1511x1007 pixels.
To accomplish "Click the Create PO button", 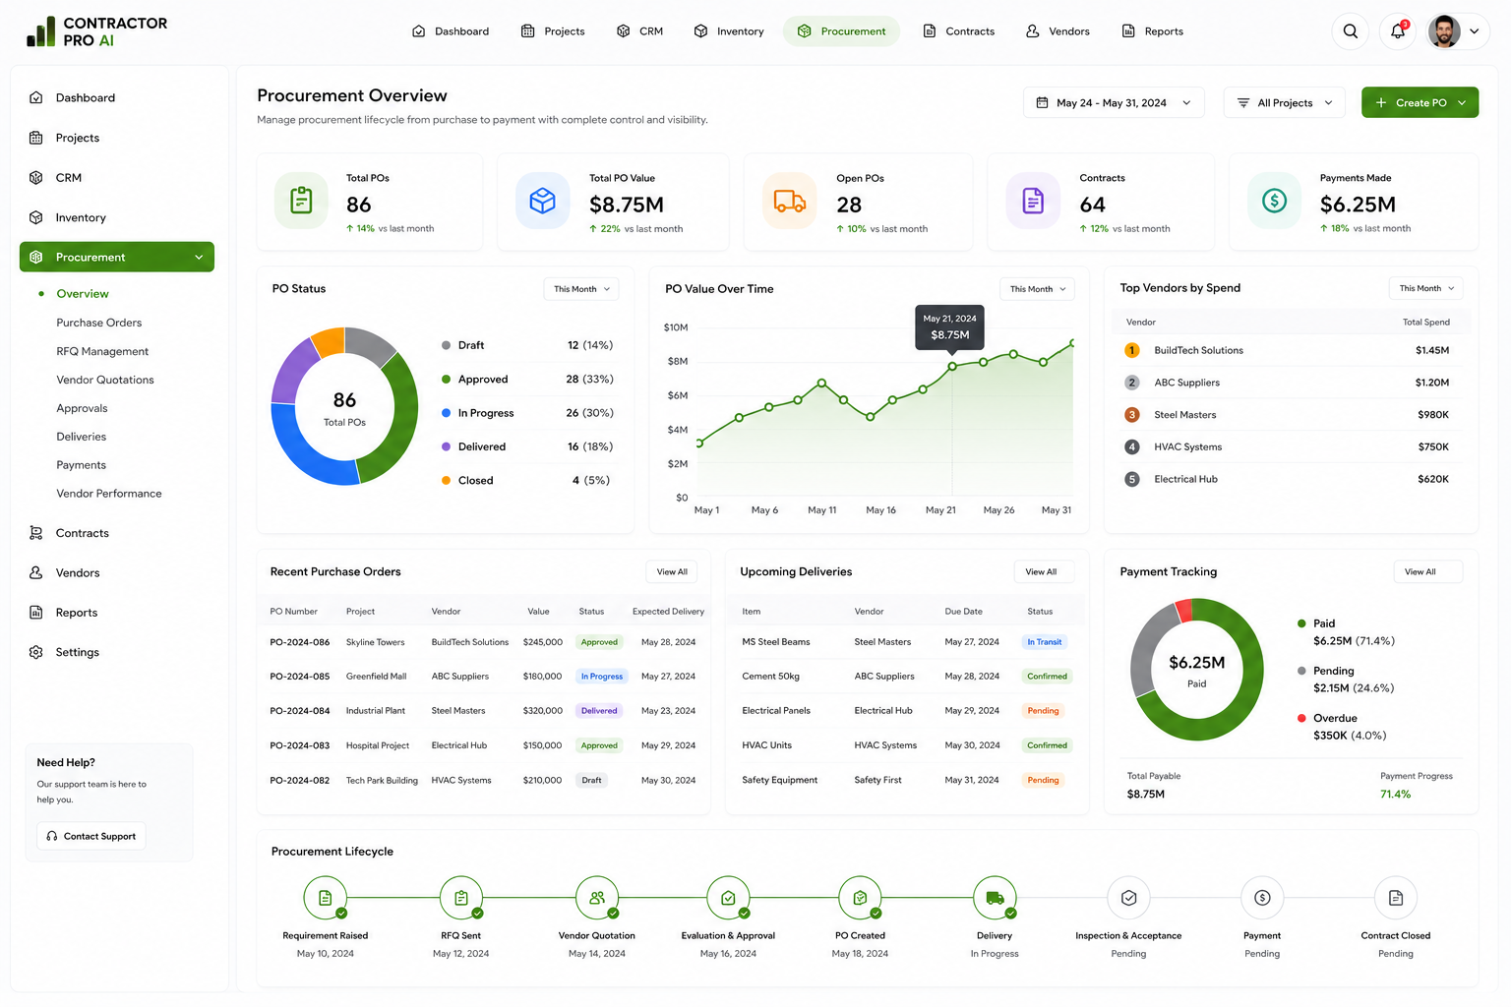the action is point(1420,102).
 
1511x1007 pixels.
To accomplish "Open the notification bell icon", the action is point(1397,31).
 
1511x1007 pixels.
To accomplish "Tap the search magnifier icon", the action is point(1350,31).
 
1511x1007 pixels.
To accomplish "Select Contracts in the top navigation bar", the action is point(958,31).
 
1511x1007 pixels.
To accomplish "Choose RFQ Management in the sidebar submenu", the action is point(102,351).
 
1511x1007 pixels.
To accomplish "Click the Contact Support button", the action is point(91,836).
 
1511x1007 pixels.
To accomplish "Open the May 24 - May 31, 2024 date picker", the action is point(1113,102).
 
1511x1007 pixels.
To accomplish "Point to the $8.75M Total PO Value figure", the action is point(626,205).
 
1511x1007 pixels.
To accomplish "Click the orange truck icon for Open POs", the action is point(789,201).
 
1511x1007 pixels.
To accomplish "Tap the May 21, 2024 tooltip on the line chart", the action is point(949,327).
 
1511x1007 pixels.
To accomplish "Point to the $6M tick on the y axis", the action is point(677,395).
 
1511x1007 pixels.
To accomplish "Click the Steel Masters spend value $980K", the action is point(1432,414).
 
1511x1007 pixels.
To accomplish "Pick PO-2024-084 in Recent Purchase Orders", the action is point(299,710).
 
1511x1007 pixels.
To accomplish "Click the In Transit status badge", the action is point(1044,642).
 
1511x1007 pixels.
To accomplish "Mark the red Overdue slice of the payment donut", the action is point(1183,611).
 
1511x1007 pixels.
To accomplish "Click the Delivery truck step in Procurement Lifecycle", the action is point(995,898).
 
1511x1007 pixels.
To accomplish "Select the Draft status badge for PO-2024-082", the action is point(591,780).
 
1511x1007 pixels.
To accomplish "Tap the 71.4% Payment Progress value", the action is point(1395,795).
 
